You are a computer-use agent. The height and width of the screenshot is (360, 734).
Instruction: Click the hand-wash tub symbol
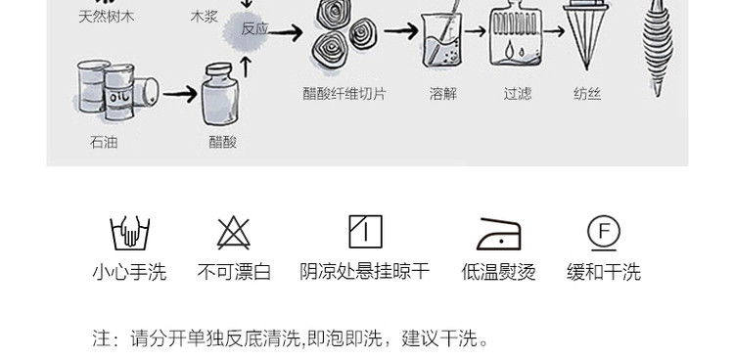pyautogui.click(x=129, y=233)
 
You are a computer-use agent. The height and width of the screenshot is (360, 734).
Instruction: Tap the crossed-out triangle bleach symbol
pyautogui.click(x=234, y=233)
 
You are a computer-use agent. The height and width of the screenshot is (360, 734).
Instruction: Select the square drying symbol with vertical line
pyautogui.click(x=366, y=231)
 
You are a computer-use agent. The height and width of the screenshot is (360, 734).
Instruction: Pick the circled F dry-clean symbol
pyautogui.click(x=604, y=233)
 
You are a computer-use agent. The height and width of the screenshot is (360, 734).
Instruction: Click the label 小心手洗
pyautogui.click(x=129, y=272)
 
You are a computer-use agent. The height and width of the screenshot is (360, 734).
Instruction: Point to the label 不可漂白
pyautogui.click(x=234, y=272)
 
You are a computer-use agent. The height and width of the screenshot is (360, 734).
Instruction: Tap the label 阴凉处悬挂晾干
pyautogui.click(x=365, y=272)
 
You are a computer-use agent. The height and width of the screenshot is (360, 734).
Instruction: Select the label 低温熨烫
pyautogui.click(x=498, y=272)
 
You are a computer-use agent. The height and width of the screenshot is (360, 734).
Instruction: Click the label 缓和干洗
pyautogui.click(x=604, y=272)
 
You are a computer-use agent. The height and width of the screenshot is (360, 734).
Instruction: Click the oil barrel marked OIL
pyautogui.click(x=118, y=93)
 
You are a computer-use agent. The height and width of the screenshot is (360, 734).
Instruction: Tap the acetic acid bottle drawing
pyautogui.click(x=219, y=95)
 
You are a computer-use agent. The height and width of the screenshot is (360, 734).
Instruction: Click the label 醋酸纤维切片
pyautogui.click(x=344, y=94)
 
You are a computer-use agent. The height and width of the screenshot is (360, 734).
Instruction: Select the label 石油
pyautogui.click(x=104, y=142)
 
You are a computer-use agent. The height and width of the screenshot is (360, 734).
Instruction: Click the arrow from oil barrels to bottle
pyautogui.click(x=180, y=94)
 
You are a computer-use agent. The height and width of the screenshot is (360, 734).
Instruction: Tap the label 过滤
pyautogui.click(x=518, y=94)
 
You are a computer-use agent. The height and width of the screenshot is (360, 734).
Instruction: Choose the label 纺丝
pyautogui.click(x=587, y=94)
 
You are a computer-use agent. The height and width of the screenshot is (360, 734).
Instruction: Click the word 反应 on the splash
pyautogui.click(x=254, y=29)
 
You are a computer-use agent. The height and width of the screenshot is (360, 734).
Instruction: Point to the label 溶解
pyautogui.click(x=442, y=94)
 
